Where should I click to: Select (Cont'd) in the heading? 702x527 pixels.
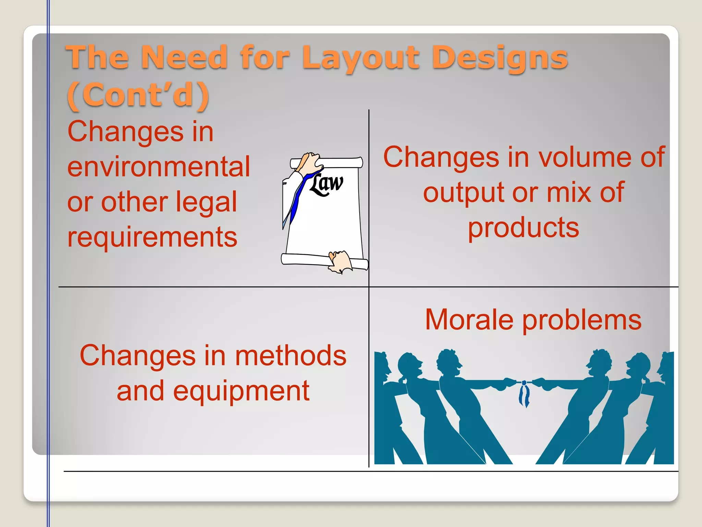(138, 95)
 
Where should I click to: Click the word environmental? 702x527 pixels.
(159, 167)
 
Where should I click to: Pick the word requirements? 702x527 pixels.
(152, 237)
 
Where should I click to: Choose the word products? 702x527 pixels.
(523, 228)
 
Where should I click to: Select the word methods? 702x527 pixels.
(291, 356)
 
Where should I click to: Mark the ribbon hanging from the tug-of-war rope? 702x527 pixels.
(524, 395)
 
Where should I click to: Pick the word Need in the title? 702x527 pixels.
(184, 57)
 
